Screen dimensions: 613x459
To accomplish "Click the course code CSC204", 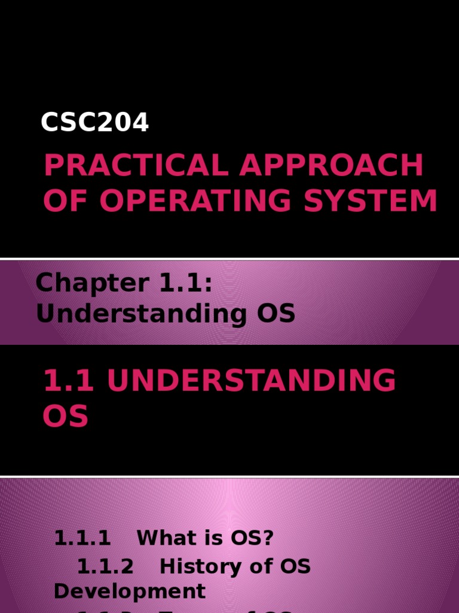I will tap(94, 123).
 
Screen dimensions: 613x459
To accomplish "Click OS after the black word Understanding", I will tap(274, 313).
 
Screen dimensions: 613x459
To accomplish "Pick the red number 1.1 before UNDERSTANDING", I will tap(67, 381).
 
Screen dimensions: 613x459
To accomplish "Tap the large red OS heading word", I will tap(65, 416).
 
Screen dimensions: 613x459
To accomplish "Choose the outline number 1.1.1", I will tap(82, 538).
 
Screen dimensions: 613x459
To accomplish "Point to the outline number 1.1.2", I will tap(106, 566).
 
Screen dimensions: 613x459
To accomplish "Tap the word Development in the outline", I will tap(130, 591).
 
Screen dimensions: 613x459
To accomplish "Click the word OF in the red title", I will tap(66, 201).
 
